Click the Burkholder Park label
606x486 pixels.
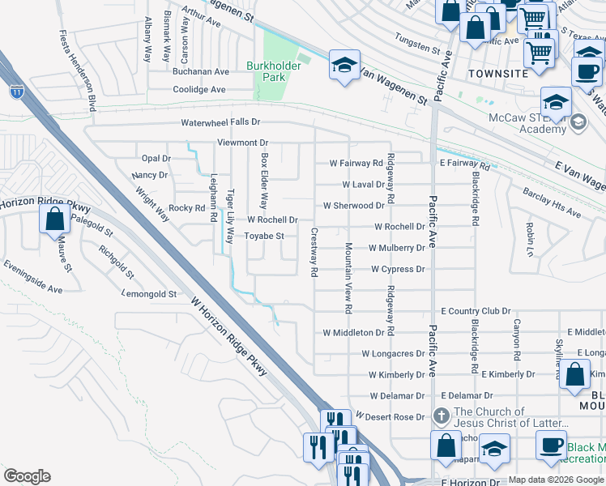pos(267,71)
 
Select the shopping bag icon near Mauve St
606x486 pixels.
pos(54,220)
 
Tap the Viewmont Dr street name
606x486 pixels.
pos(242,143)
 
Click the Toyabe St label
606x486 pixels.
pos(265,237)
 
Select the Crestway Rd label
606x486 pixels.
pos(314,252)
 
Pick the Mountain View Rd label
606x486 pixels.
pos(348,278)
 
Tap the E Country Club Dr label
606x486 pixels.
pos(476,311)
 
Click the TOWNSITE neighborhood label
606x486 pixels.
pos(498,73)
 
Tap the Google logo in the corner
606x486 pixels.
pos(27,476)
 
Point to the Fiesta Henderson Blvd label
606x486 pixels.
pos(78,71)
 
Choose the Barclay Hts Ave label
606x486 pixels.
pos(553,206)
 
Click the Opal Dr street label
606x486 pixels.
pos(156,159)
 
